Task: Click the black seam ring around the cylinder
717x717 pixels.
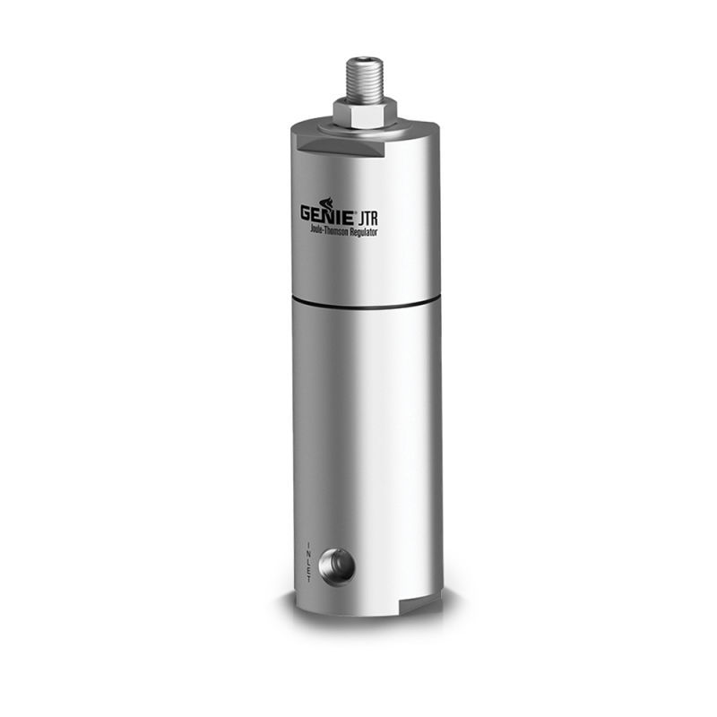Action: [367, 304]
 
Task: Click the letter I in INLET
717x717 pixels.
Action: [309, 544]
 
